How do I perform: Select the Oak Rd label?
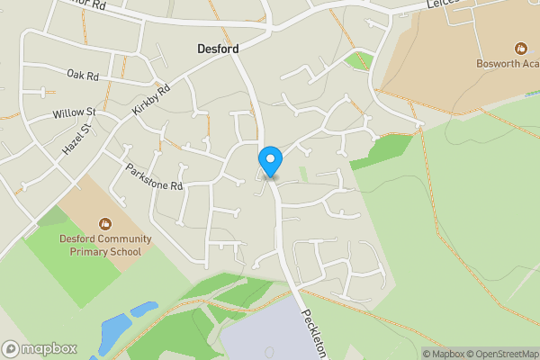[x=81, y=75]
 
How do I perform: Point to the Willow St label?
[x=74, y=114]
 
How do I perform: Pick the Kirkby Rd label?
[x=150, y=99]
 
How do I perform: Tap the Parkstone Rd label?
[x=154, y=176]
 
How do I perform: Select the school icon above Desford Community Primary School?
[x=105, y=223]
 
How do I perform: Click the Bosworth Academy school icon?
[x=520, y=48]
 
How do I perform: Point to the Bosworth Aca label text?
[x=508, y=63]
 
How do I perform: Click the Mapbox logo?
[x=40, y=348]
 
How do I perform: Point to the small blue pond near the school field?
[x=144, y=309]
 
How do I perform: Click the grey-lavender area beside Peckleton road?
[x=261, y=333]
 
